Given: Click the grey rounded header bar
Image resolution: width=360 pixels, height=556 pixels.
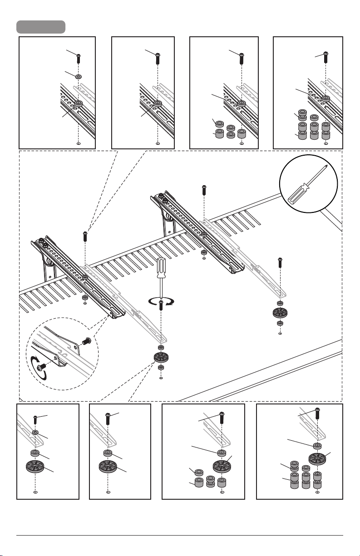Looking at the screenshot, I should (x=41, y=27).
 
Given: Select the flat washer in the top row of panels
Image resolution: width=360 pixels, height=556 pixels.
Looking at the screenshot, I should (x=78, y=77).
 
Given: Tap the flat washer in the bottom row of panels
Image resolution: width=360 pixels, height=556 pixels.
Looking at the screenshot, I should (x=35, y=433).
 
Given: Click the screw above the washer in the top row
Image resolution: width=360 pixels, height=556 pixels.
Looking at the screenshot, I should (x=79, y=58).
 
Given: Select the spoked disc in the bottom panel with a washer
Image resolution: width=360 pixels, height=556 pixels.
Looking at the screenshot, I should (x=35, y=468).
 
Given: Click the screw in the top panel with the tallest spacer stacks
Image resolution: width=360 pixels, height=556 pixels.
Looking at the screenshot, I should (x=326, y=57).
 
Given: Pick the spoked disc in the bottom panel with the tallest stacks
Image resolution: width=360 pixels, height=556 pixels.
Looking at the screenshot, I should (x=317, y=458).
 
